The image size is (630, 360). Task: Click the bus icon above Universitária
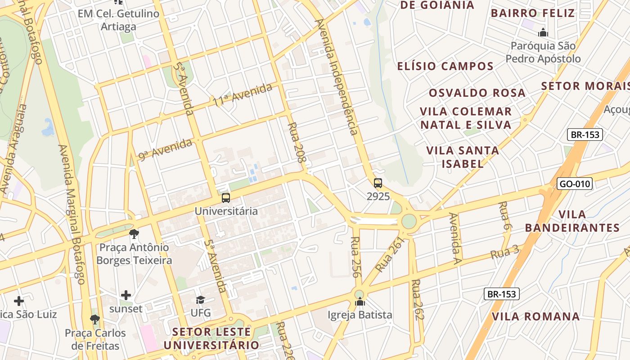[x=226, y=198]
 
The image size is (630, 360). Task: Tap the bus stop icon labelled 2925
[x=378, y=183]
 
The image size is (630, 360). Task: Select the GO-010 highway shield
[x=574, y=184]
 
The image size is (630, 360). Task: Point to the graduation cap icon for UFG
[x=200, y=300]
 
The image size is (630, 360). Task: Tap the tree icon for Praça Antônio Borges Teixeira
[x=134, y=234]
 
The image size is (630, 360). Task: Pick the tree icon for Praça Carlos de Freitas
[x=94, y=319]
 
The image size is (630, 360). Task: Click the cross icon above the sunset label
[x=126, y=295]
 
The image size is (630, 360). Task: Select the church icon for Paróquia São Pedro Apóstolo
[x=543, y=33]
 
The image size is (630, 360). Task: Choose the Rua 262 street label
[x=418, y=300]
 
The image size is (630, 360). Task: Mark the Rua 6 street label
[x=504, y=216]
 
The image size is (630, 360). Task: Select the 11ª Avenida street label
[x=243, y=94]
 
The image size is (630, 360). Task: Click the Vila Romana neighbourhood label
[x=535, y=316]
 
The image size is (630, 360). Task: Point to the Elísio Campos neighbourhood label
[x=445, y=66]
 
